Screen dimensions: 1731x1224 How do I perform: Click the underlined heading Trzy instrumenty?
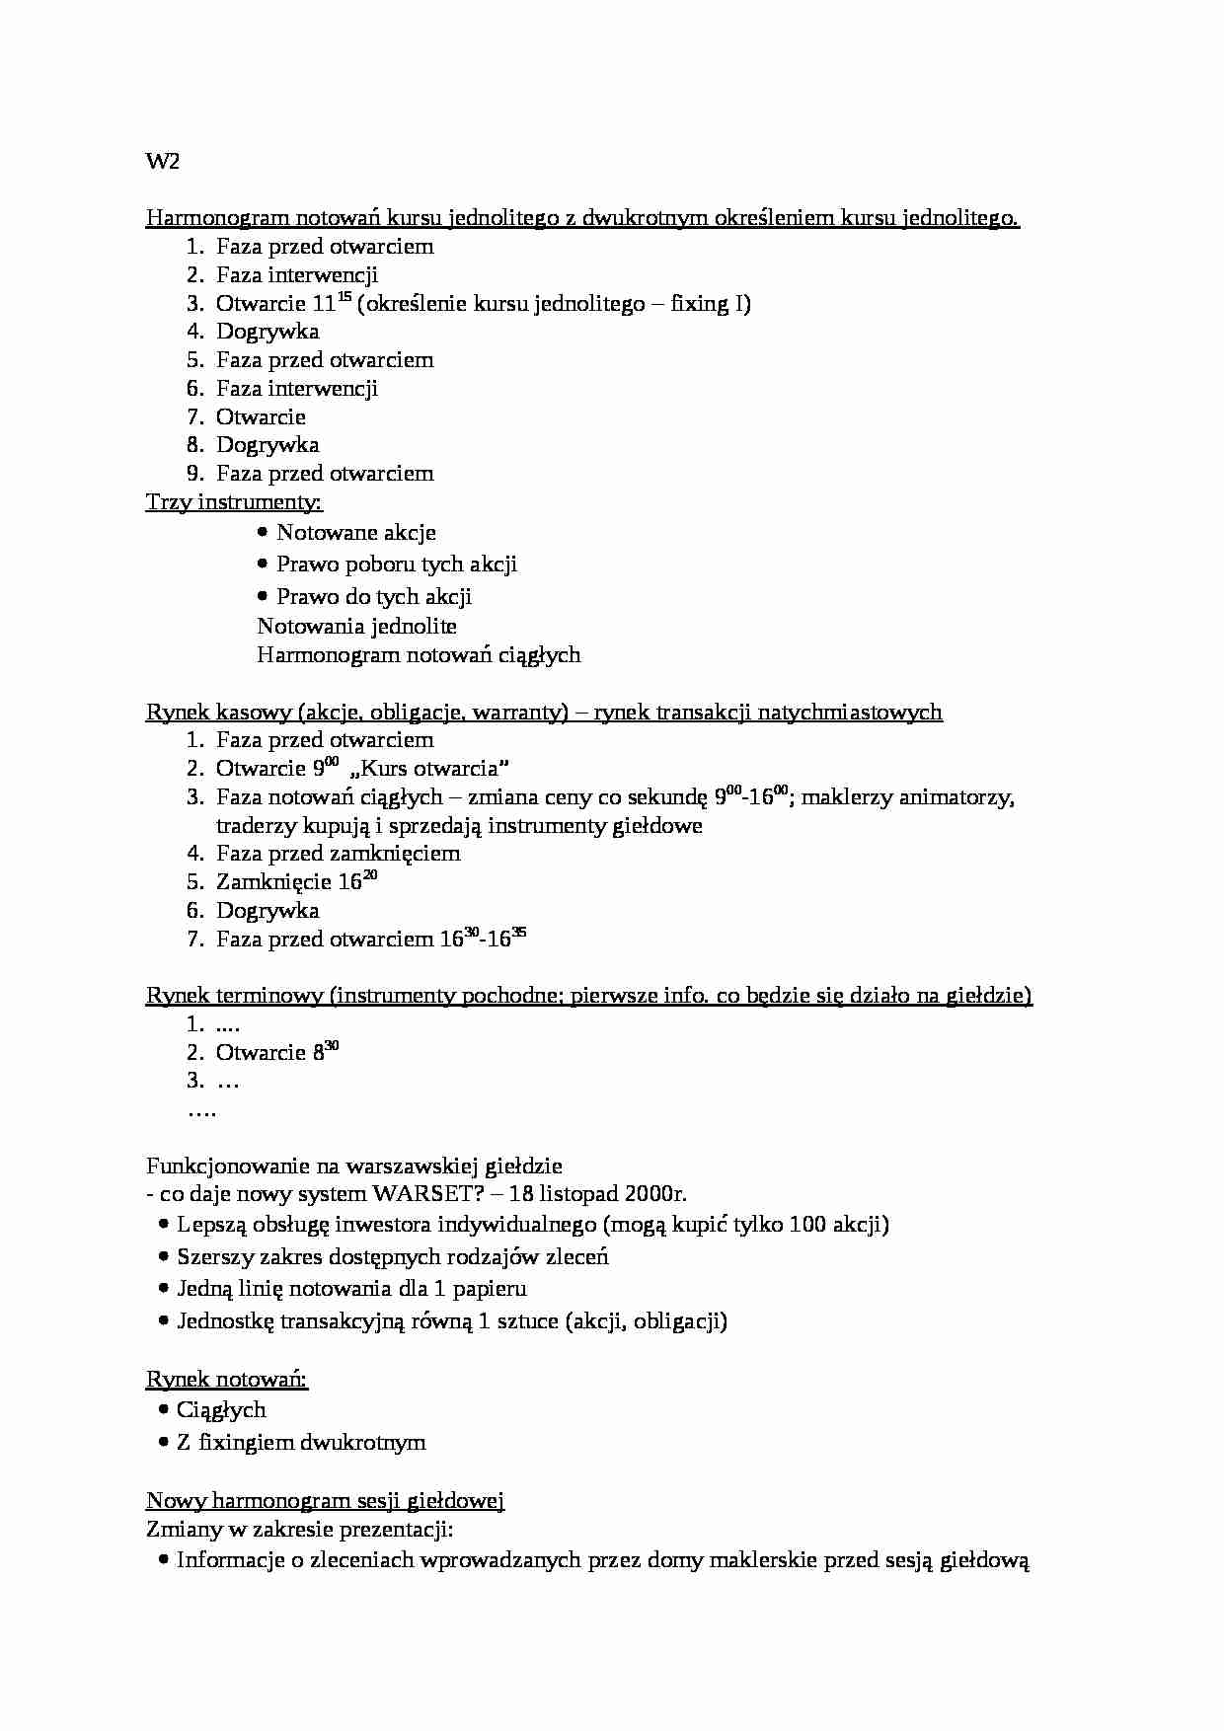234,502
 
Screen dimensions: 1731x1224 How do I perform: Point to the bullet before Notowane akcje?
263,533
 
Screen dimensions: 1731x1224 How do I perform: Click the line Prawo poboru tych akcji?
396,564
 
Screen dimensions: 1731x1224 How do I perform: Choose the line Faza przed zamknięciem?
338,854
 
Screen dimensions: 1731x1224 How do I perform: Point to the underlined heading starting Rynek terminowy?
588,996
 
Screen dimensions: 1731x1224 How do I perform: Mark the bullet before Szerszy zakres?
163,1257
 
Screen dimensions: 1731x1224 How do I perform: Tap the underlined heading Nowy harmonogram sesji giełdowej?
325,1501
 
